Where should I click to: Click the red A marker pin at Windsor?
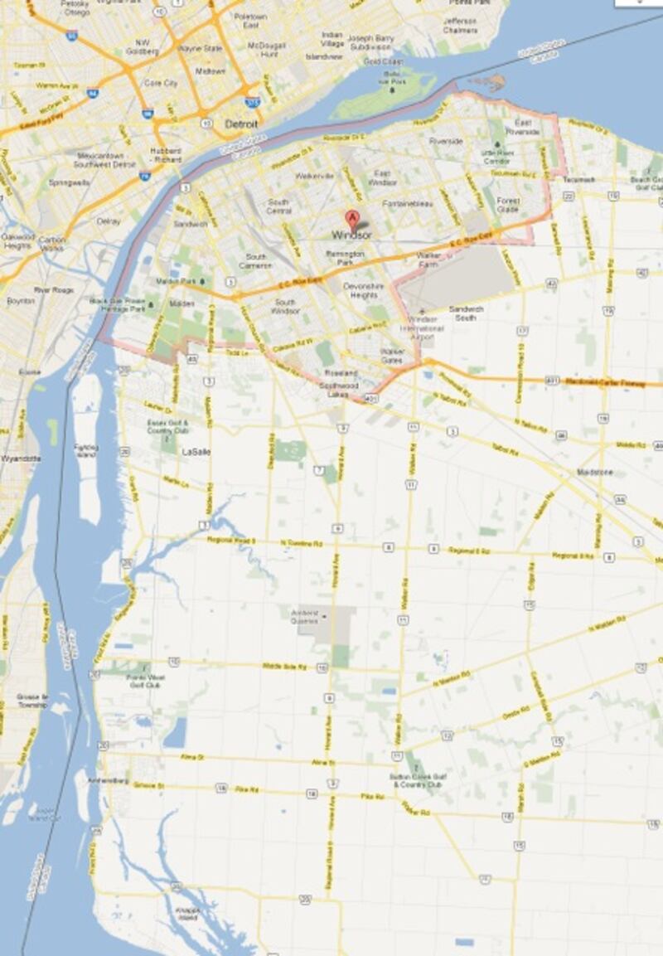pos(352,221)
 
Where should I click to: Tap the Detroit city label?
pos(241,124)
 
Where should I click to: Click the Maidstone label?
pos(594,473)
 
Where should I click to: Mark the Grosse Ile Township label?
pos(31,700)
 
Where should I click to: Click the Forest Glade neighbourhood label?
pos(507,205)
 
